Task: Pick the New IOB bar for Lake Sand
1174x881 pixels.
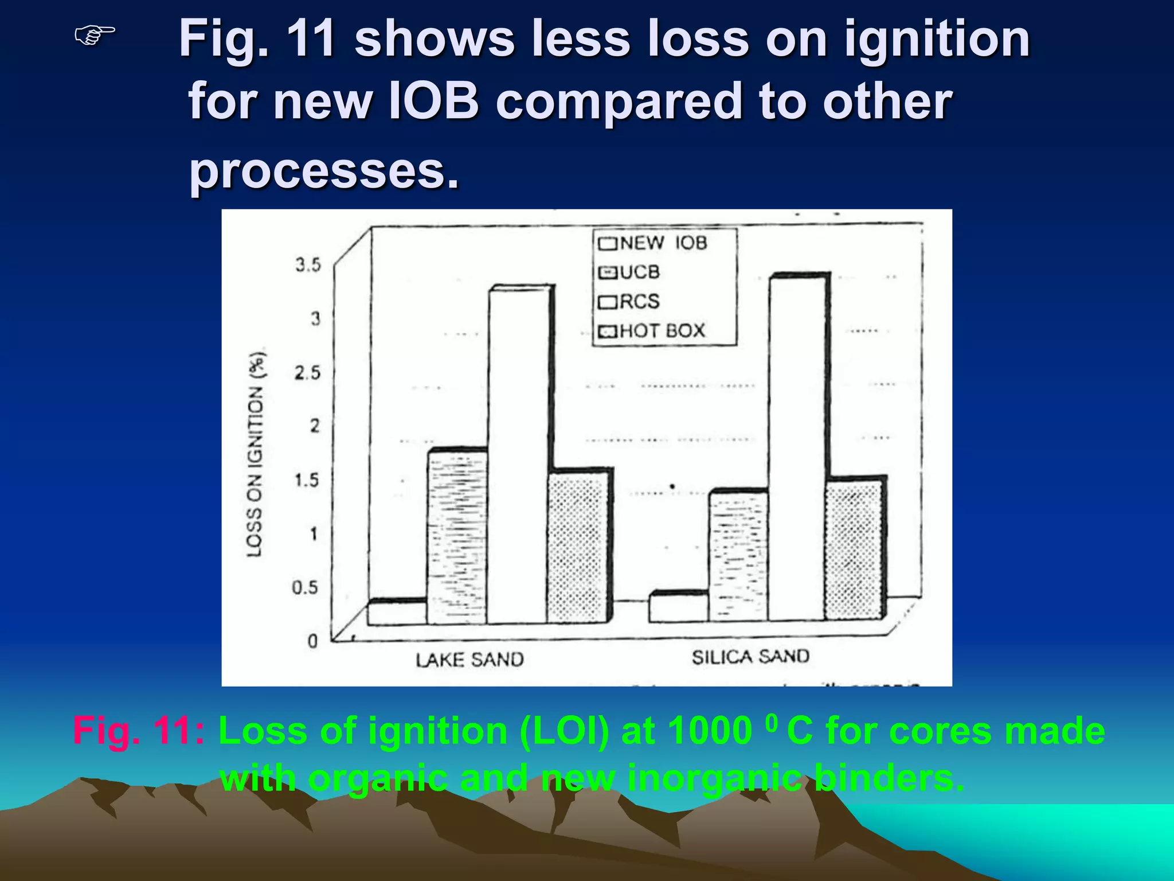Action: coord(397,613)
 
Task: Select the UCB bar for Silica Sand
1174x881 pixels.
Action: coord(738,556)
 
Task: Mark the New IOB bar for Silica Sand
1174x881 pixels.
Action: coord(679,609)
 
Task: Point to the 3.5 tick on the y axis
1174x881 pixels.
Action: coord(308,265)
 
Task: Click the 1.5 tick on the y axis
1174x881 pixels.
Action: coord(307,480)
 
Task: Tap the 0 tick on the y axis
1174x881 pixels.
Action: coord(312,641)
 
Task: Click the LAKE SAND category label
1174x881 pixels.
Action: coord(469,660)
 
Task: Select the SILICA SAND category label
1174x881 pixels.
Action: coord(750,657)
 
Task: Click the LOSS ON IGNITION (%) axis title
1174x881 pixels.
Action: coord(256,453)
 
